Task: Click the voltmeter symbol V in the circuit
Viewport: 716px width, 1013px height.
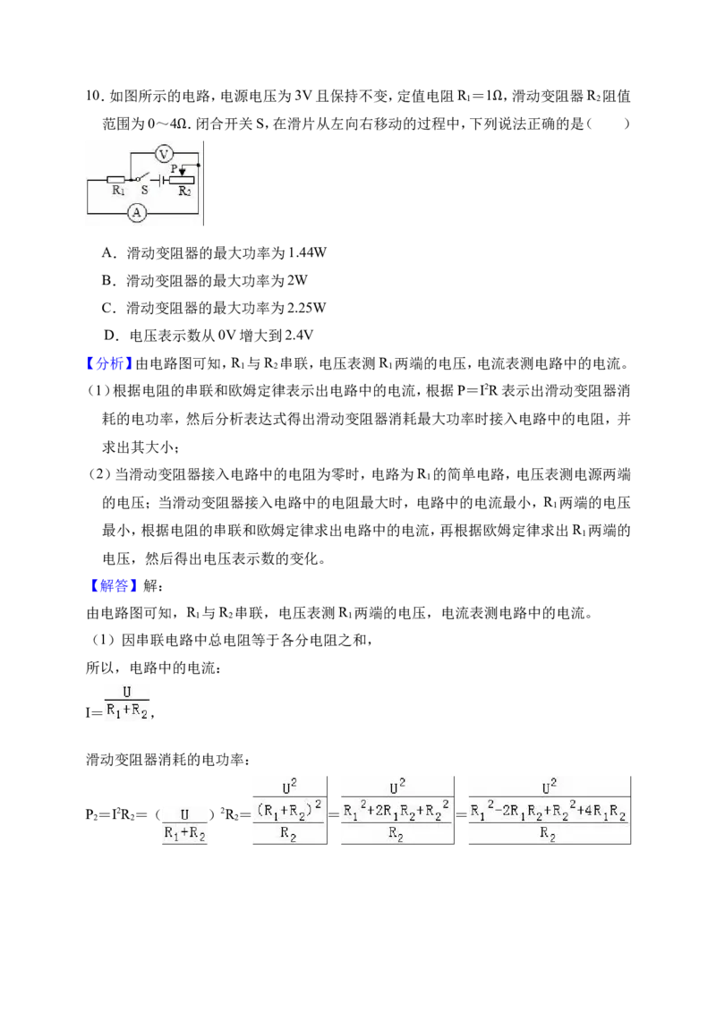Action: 164,154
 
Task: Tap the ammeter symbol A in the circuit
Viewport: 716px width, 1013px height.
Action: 136,213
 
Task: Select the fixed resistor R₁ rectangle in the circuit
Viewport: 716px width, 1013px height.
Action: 116,179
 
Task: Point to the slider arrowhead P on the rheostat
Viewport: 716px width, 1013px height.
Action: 183,172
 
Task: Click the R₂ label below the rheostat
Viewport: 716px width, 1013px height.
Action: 184,192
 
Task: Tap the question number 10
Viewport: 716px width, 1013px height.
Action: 94,97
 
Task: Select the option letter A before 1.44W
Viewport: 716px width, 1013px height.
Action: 108,253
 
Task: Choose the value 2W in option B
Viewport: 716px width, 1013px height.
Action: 297,280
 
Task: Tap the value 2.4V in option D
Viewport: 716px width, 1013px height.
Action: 299,336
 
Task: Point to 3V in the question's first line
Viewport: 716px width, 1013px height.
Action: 303,97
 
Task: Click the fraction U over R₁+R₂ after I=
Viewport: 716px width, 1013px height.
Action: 127,702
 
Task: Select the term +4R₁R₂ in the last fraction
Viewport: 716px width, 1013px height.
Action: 601,812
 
